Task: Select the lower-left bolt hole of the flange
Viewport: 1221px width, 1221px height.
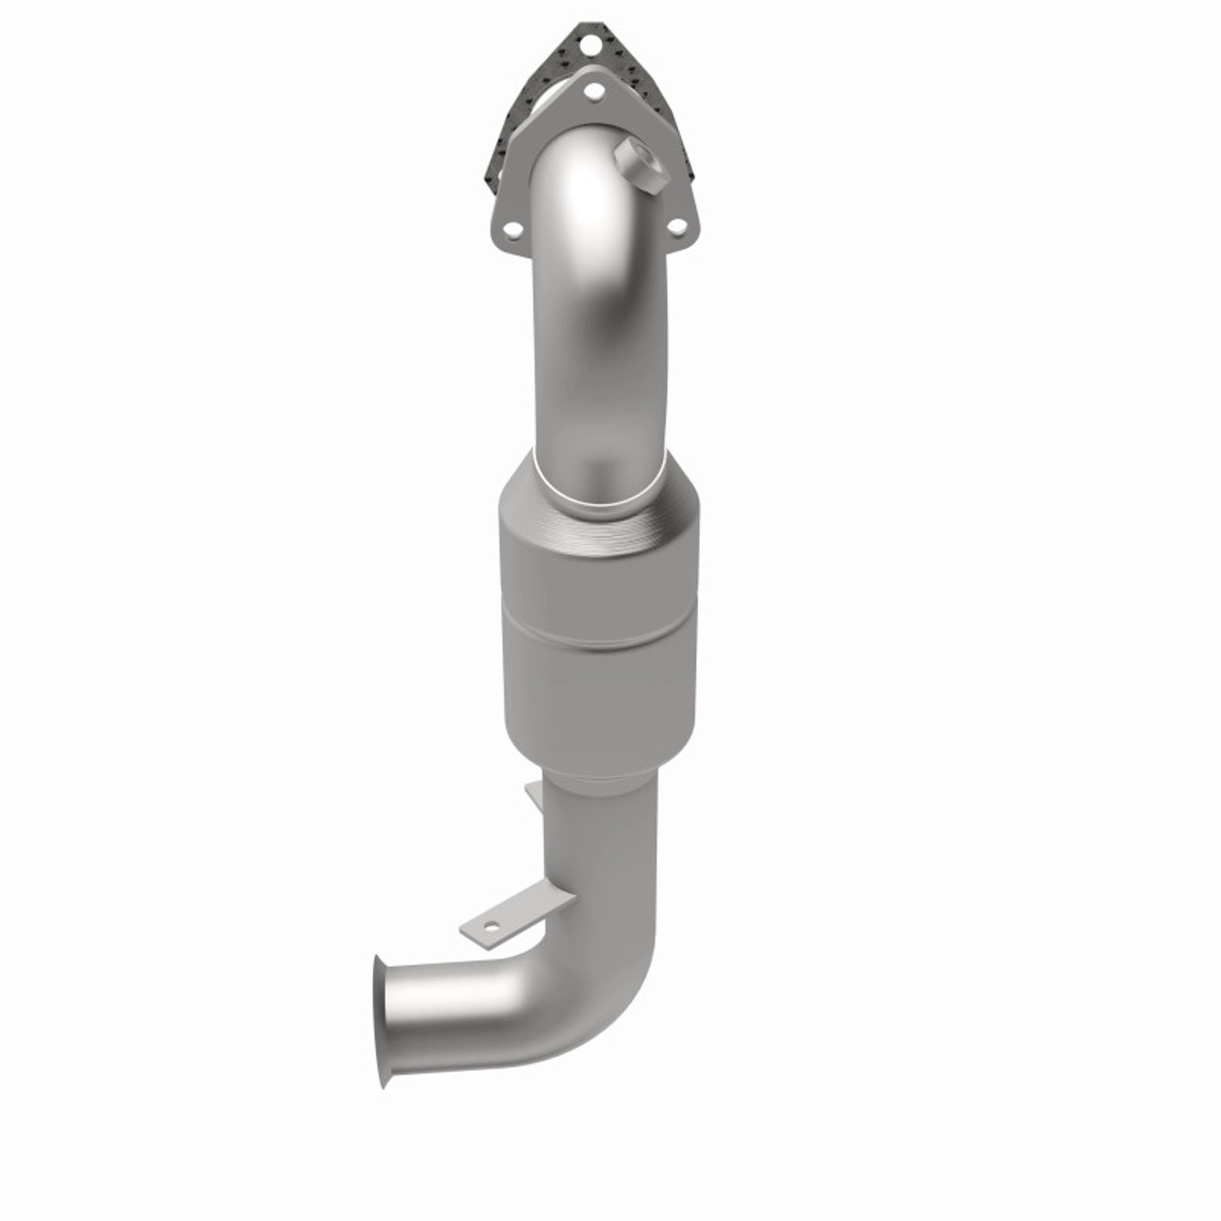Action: point(513,229)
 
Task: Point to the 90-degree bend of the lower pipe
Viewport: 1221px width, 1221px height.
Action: point(610,973)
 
